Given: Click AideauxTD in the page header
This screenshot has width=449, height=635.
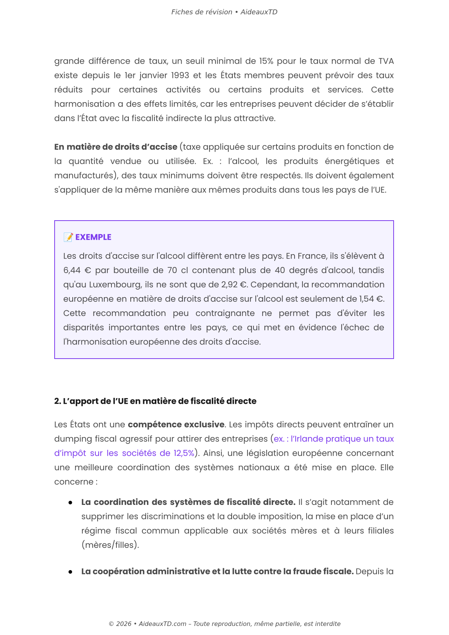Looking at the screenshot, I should (x=259, y=12).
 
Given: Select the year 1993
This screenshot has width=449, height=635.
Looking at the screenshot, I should (x=180, y=75).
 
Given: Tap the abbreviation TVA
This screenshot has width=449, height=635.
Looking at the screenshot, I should (x=386, y=61).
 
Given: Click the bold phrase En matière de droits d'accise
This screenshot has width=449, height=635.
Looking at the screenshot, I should (x=116, y=147).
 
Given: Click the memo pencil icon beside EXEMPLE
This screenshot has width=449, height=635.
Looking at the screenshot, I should (x=68, y=237).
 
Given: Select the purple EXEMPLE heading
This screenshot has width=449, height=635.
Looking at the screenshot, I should (x=93, y=237).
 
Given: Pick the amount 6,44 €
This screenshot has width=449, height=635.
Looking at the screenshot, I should (x=77, y=270).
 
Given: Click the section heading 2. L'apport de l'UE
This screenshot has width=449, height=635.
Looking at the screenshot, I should (x=155, y=401).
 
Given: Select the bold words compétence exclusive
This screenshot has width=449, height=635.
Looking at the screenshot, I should (x=176, y=425).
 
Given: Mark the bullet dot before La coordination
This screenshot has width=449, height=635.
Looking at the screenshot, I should (x=70, y=503).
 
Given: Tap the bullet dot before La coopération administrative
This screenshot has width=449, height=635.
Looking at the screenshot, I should (x=70, y=572).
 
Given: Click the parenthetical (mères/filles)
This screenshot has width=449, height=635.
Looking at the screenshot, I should (x=110, y=545).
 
